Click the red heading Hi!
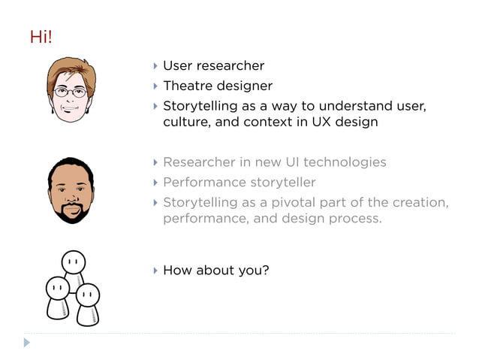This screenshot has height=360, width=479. (41, 37)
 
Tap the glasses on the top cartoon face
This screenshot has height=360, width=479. (71, 92)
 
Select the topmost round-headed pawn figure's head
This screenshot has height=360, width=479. (73, 262)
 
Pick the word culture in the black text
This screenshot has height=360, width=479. (185, 122)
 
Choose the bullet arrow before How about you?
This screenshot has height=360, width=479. (155, 270)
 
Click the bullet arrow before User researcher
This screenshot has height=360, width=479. (155, 66)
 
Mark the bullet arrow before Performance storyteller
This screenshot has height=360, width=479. (155, 183)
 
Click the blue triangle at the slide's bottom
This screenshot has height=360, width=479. (27, 343)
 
